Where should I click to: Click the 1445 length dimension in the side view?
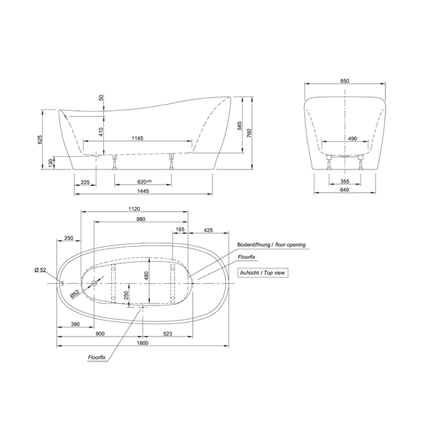[144, 192]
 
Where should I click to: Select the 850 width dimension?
[345, 82]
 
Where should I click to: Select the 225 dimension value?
[84, 182]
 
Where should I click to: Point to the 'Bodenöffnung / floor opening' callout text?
[271, 244]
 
